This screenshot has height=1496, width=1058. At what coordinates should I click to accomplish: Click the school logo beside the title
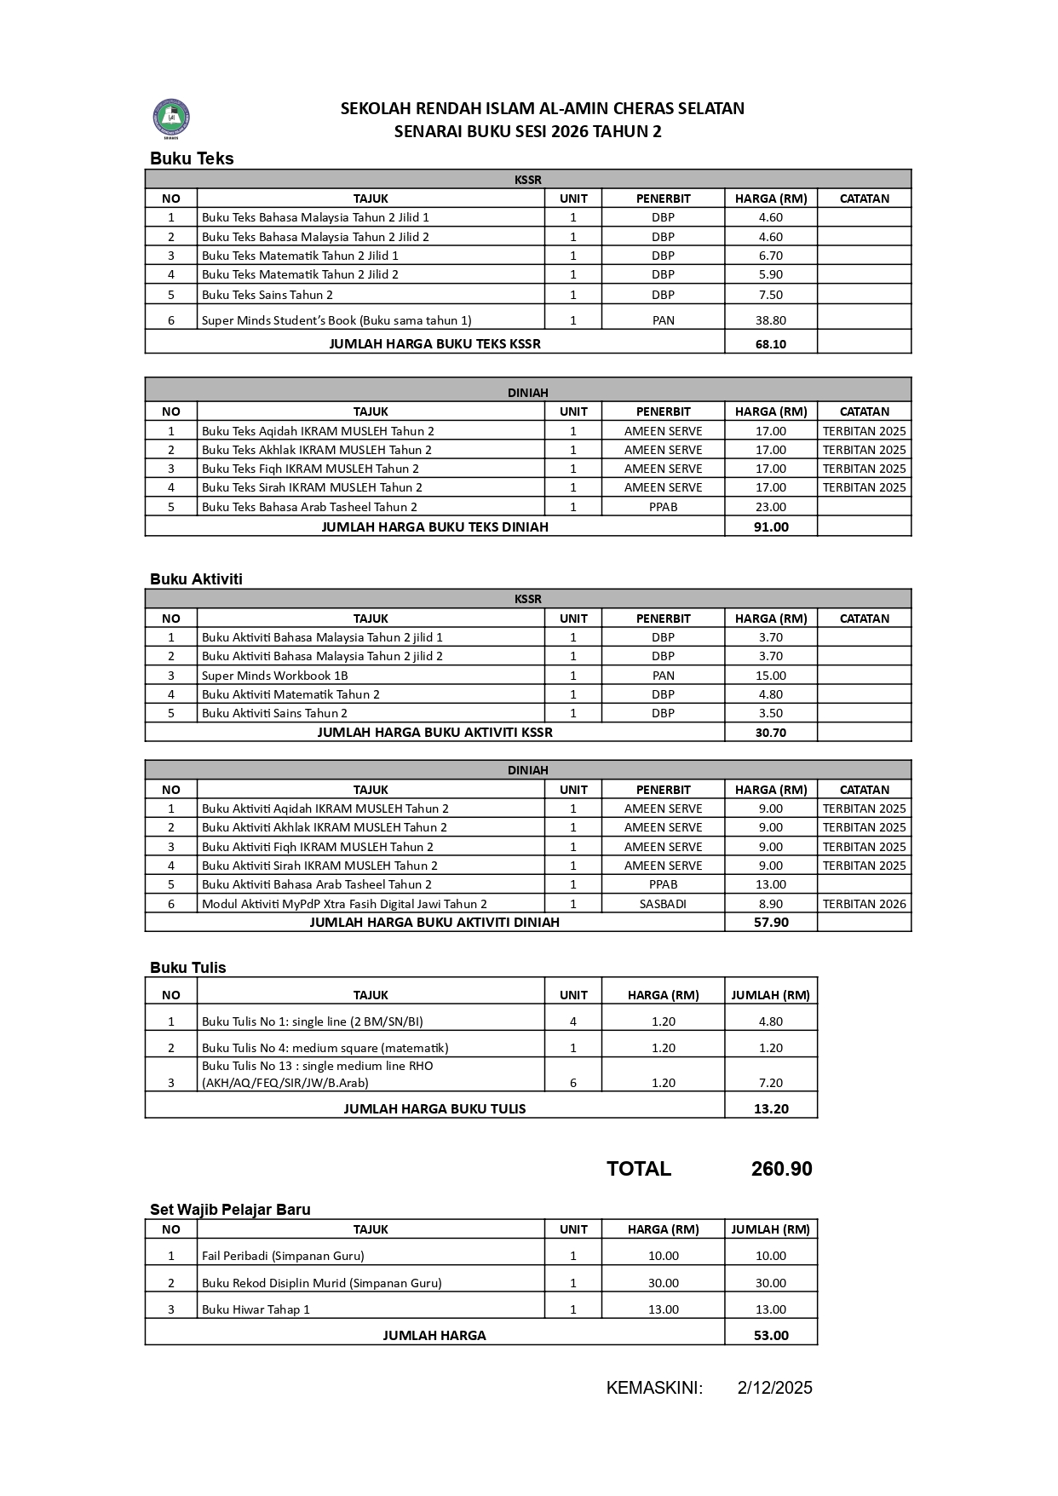coord(171,118)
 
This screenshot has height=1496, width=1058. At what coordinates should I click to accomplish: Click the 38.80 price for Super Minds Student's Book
coord(770,320)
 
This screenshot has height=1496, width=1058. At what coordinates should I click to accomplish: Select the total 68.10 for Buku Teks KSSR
coord(770,344)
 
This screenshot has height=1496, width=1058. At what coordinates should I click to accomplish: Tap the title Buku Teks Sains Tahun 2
coord(267,295)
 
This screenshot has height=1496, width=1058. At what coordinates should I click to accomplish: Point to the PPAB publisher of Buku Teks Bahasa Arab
coord(663,507)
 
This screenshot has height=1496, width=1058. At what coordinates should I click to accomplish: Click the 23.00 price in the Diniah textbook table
coord(770,507)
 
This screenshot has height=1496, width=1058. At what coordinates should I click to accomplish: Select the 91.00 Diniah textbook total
coord(770,526)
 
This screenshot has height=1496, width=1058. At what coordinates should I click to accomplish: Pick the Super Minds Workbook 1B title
coord(274,676)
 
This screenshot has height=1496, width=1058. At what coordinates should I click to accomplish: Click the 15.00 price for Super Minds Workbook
coord(770,676)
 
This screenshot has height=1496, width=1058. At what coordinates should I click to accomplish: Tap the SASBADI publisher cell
coord(663,904)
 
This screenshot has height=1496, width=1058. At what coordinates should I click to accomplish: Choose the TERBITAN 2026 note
coord(864,904)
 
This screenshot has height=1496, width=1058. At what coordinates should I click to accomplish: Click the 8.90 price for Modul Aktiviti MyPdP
coord(770,904)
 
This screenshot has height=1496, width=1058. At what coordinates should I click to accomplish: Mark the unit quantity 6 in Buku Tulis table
coord(573,1083)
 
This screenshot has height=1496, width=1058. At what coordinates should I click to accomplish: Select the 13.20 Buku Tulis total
coord(770,1108)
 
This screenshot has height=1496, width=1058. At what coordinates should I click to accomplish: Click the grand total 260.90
coord(781,1169)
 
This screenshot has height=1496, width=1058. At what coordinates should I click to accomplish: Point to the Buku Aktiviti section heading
coord(196,579)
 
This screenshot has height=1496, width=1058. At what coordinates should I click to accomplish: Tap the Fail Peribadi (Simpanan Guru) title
coord(283,1256)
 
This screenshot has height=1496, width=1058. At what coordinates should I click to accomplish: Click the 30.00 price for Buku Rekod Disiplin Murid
coord(663,1283)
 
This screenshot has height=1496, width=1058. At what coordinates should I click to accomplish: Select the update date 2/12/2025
coord(774,1388)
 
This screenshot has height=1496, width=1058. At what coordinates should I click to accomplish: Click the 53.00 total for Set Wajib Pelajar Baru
coord(770,1335)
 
